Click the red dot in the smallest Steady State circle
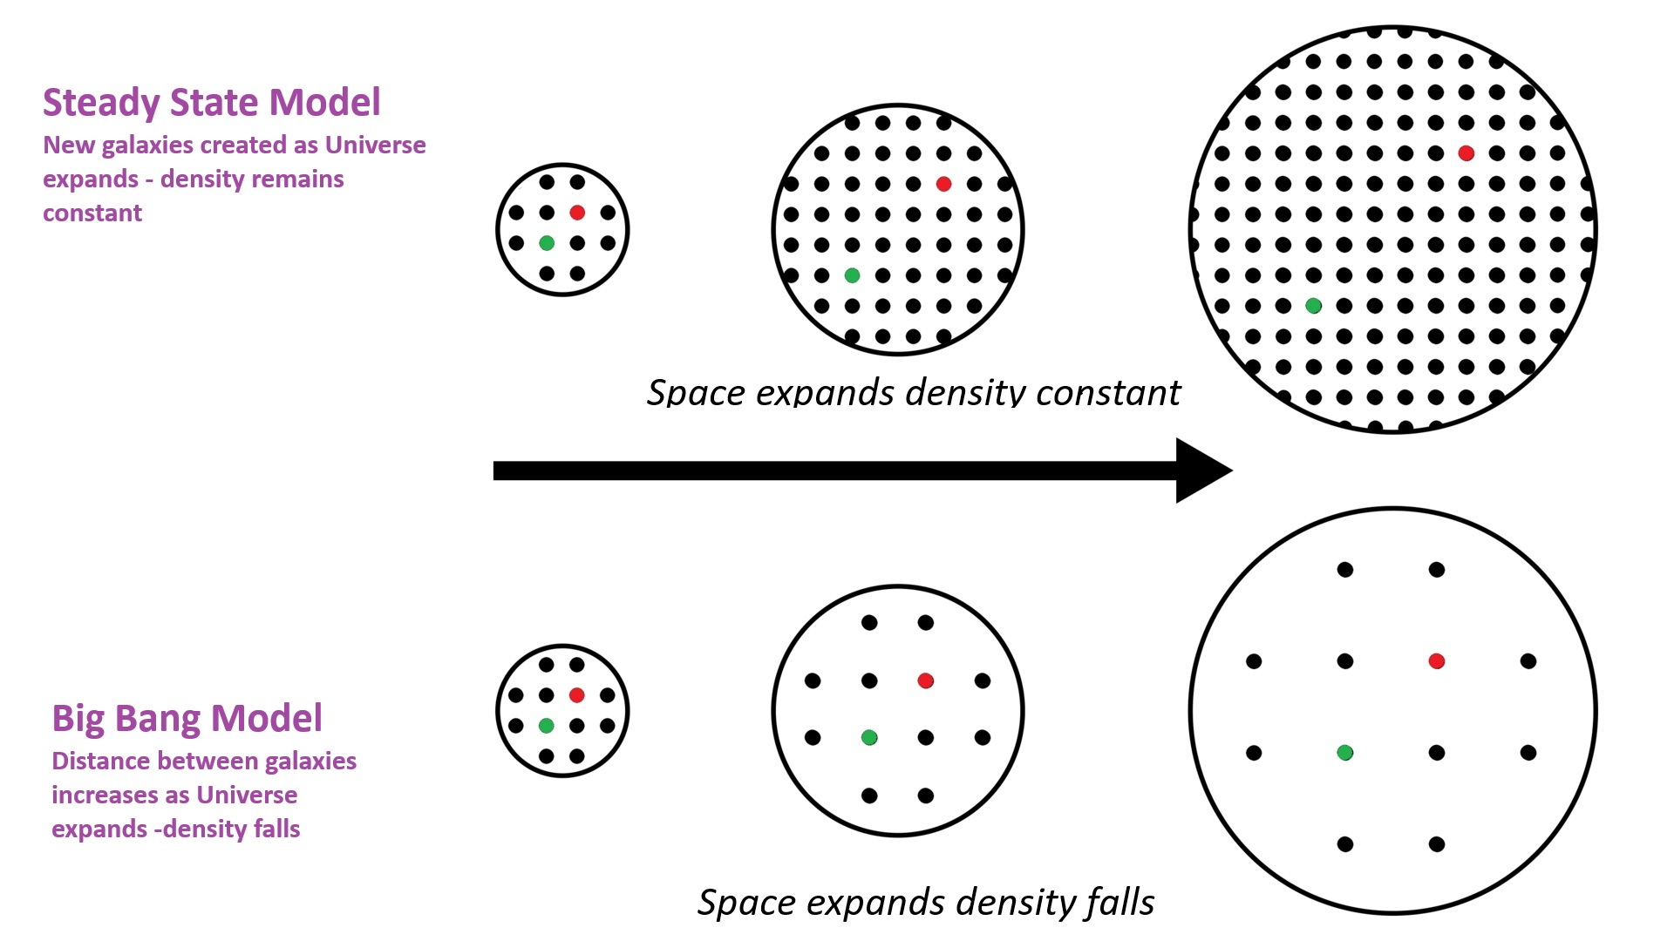(577, 213)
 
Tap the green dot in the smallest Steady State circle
(547, 243)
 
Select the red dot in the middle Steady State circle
(943, 184)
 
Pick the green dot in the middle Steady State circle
(852, 275)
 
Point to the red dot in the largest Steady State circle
(1466, 153)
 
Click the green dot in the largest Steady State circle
(1314, 306)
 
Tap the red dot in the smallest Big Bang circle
(576, 695)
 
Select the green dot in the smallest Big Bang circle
(547, 726)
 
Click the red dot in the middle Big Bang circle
(926, 680)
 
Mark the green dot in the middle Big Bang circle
(869, 738)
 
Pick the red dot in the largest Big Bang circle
(1437, 661)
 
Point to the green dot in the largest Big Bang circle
(1345, 753)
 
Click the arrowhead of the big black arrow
(1201, 470)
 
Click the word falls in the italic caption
(1118, 903)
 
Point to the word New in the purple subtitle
(69, 146)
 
